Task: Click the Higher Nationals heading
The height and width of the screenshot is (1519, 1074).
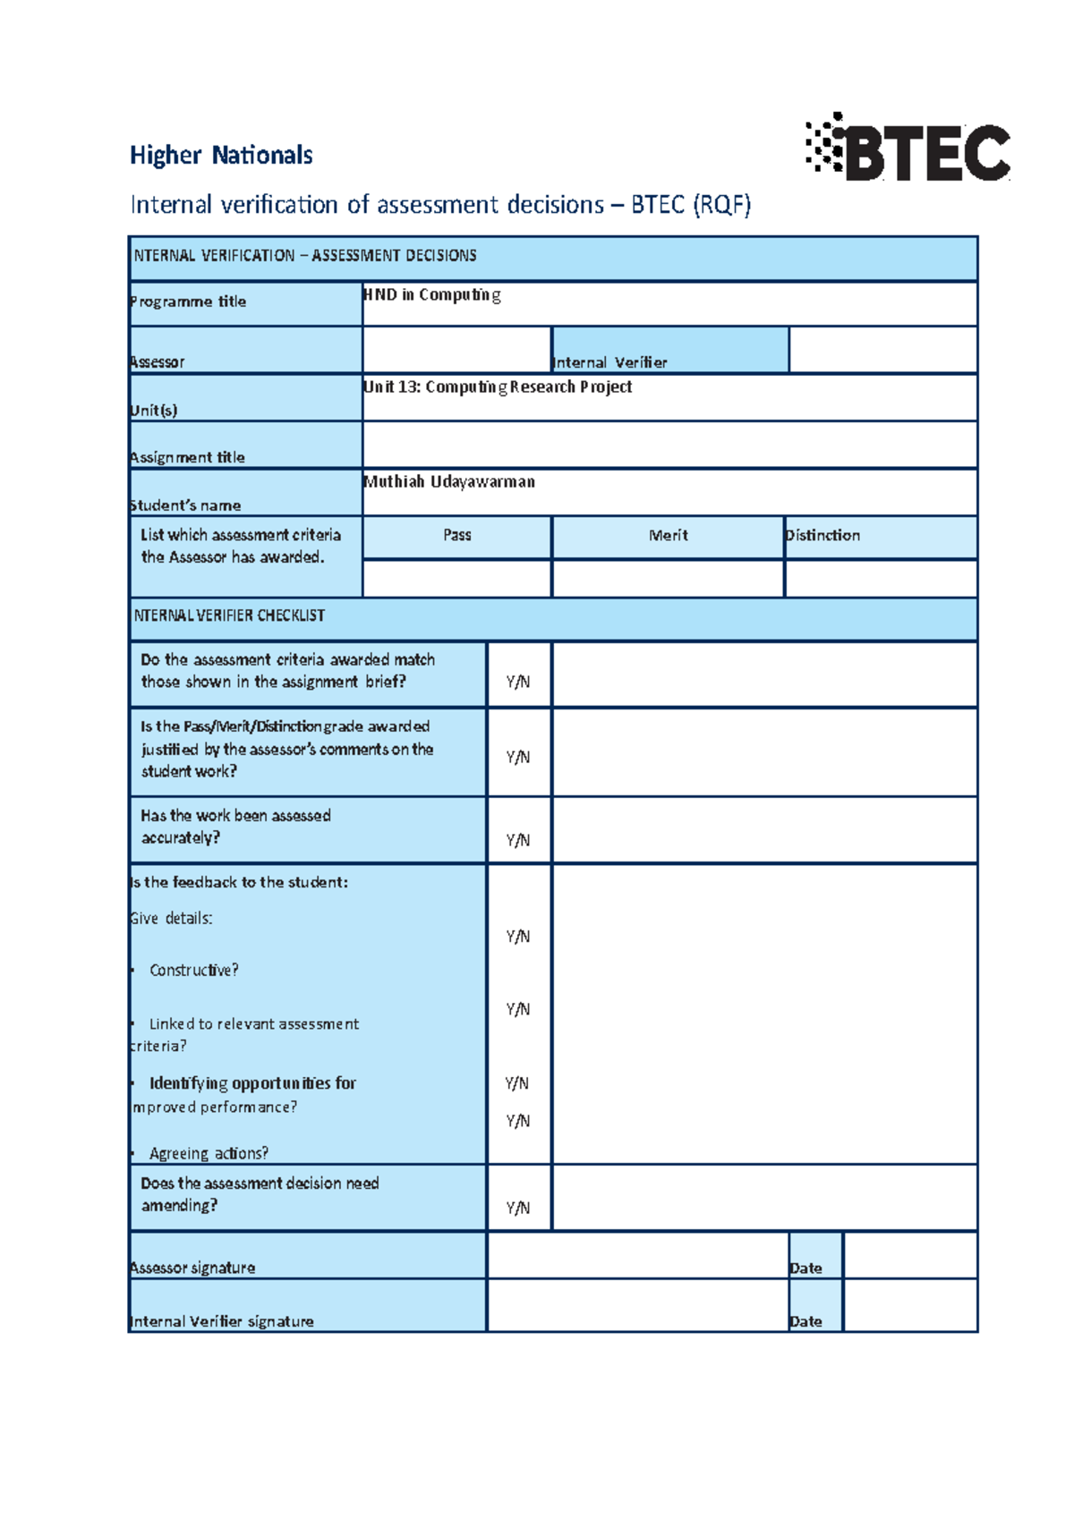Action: (221, 156)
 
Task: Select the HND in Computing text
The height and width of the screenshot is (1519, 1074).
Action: (431, 295)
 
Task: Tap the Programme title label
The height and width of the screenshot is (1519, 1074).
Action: (188, 301)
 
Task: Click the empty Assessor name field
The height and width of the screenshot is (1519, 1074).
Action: (456, 350)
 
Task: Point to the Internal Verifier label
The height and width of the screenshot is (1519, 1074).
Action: (610, 362)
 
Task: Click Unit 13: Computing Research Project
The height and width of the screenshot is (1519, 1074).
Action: (498, 387)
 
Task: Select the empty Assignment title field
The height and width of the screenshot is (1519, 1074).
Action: (669, 446)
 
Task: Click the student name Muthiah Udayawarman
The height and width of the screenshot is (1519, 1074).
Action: (449, 482)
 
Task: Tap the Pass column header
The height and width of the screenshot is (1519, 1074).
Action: (456, 536)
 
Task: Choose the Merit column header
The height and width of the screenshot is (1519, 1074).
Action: (668, 536)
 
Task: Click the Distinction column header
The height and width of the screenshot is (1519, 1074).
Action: (823, 536)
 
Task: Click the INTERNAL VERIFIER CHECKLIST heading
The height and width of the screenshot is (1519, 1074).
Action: (229, 616)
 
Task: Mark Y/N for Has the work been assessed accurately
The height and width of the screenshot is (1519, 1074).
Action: (518, 840)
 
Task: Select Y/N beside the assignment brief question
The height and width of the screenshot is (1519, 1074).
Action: (518, 682)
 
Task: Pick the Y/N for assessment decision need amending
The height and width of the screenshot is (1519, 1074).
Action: (518, 1208)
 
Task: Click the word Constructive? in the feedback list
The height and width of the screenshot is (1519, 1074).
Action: (193, 971)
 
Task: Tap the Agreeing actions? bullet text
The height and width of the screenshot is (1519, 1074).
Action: (209, 1154)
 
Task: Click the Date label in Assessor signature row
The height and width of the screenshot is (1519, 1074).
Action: (805, 1269)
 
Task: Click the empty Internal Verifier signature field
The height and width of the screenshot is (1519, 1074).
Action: (637, 1306)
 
